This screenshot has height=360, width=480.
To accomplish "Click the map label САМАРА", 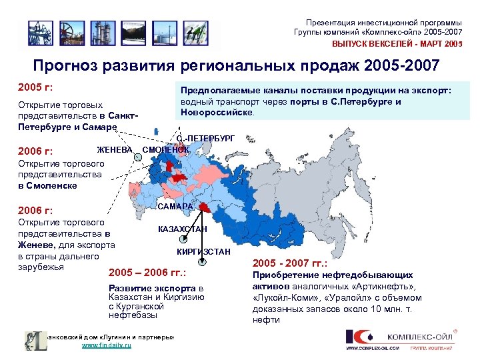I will pos(175,207).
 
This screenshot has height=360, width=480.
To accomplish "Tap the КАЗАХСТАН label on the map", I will pos(182,229).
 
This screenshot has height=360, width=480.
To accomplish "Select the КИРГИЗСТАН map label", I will pos(203,251).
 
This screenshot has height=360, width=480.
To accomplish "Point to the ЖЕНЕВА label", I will pos(114,149).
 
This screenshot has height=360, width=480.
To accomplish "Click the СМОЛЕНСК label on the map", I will pos(167,149).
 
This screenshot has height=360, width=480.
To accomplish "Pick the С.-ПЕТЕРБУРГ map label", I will pos(206,138).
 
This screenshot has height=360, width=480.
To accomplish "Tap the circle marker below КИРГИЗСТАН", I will pos(203,263).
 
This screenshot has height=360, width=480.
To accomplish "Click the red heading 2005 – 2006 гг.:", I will pos(146,273).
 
